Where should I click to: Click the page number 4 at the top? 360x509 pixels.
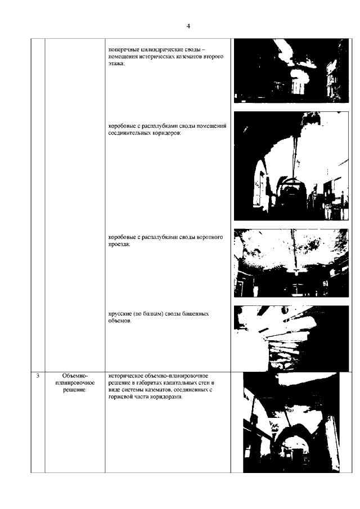(x=188, y=26)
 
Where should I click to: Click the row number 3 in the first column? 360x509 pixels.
(x=38, y=376)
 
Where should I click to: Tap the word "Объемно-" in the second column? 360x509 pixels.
(x=75, y=376)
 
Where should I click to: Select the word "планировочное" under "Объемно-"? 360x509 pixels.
(x=75, y=383)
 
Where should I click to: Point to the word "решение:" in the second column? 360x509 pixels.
(x=75, y=390)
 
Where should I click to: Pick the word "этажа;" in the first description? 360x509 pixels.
(x=116, y=64)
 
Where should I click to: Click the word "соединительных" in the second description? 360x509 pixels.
(x=129, y=133)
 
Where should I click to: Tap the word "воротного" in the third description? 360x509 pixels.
(x=210, y=237)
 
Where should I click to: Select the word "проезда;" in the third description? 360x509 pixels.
(x=119, y=245)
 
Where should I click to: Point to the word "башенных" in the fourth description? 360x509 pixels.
(x=195, y=314)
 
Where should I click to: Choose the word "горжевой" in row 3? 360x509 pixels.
(x=120, y=397)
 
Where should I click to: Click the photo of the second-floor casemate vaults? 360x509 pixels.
(x=291, y=71)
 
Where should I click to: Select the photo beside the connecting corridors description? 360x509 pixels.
(x=291, y=166)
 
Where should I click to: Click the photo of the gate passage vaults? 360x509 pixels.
(x=291, y=263)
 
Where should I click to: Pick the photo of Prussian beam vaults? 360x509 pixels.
(x=291, y=338)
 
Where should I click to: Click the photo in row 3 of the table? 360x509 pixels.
(x=291, y=422)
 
